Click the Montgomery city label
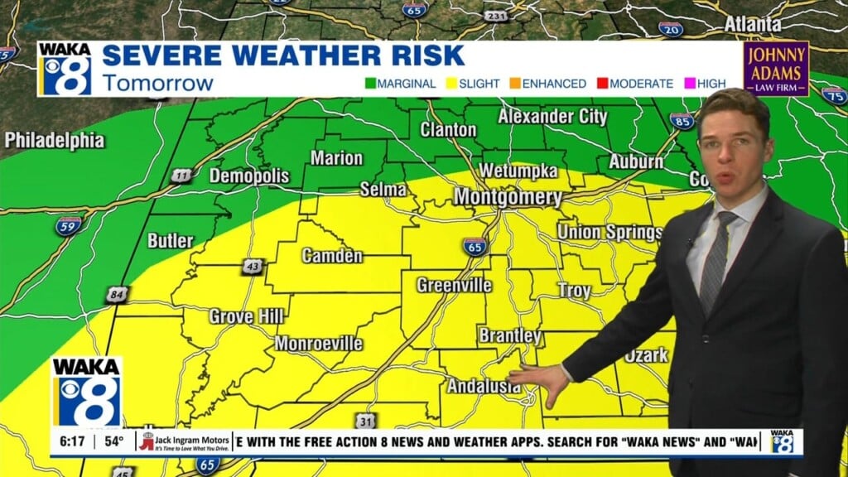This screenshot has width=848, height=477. [x=508, y=198]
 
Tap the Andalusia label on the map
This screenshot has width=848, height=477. [x=484, y=386]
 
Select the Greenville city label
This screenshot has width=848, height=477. [x=454, y=286]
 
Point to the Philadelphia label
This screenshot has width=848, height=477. [x=55, y=141]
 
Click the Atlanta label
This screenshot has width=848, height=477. [x=753, y=25]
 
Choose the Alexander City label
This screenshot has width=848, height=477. [x=552, y=117]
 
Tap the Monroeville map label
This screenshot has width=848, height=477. [x=318, y=343]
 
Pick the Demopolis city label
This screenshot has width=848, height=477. [x=249, y=176]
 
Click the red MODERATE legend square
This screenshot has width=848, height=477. [x=603, y=84]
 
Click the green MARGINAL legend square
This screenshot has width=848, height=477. [x=371, y=84]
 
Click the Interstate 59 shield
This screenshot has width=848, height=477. [x=69, y=225]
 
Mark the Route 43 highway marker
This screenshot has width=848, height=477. [x=253, y=267]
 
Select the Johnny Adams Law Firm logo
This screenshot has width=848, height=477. [x=776, y=68]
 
